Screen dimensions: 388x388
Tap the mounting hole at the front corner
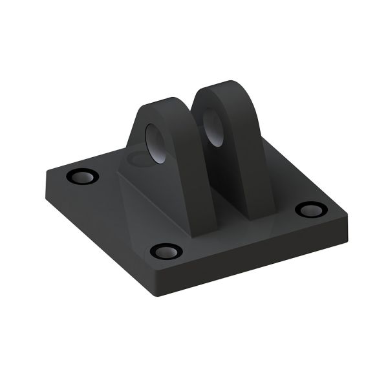[166, 251]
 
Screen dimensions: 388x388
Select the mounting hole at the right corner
[311, 210]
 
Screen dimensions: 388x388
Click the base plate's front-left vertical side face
[97, 233]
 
